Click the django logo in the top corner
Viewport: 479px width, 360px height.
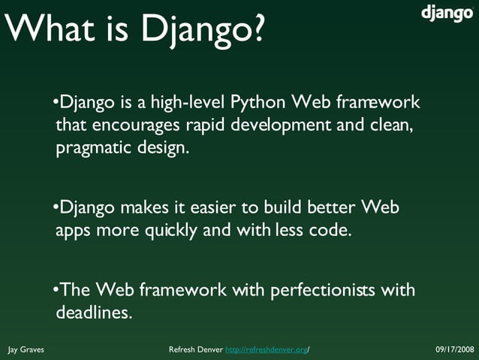[446, 14]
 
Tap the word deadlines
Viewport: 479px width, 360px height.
[94, 313]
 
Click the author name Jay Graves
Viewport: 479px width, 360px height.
[26, 350]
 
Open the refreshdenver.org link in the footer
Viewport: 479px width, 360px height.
[267, 350]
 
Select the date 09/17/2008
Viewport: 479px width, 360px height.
[455, 350]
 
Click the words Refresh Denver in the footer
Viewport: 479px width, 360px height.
[196, 350]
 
